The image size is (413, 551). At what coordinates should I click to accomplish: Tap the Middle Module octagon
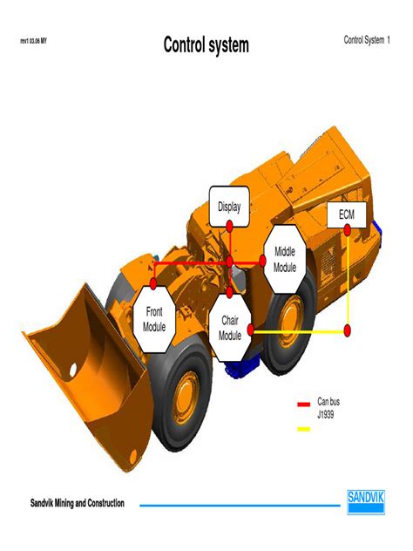(x=285, y=258)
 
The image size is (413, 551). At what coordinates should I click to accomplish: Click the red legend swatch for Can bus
(x=303, y=404)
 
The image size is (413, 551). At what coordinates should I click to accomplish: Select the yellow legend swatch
(x=303, y=428)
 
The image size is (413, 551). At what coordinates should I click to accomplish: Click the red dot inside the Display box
(x=229, y=224)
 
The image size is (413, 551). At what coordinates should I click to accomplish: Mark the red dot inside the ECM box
(x=347, y=230)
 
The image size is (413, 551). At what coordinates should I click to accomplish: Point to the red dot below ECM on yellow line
(x=347, y=330)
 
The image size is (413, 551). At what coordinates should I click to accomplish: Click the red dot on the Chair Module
(x=250, y=330)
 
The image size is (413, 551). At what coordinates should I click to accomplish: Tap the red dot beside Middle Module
(x=263, y=260)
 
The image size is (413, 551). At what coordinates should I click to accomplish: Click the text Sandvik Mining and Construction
(x=78, y=504)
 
